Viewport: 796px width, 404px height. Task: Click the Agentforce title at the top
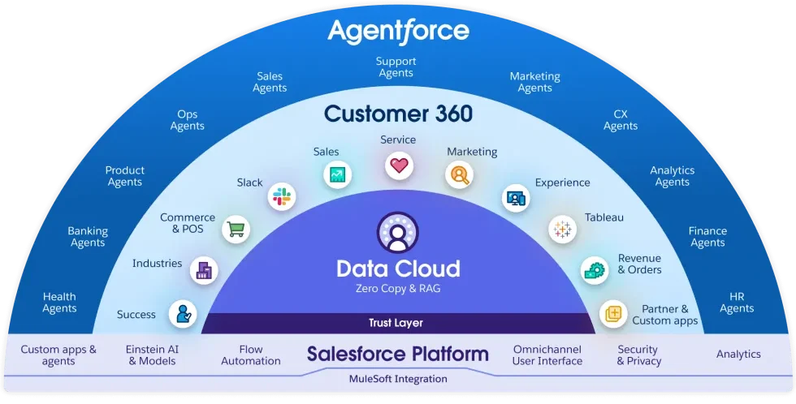point(398,31)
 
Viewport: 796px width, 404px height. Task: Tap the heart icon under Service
point(398,166)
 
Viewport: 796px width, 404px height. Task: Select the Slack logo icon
point(282,196)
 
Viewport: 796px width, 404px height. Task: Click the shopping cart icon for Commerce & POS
point(236,229)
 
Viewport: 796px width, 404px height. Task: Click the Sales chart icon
point(335,174)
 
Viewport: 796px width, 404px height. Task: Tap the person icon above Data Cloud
point(397,233)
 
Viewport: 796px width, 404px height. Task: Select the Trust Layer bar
point(396,323)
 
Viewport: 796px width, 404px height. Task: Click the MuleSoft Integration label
point(398,379)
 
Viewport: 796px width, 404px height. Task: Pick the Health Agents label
point(59,303)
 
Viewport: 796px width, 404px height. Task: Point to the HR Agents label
point(737,303)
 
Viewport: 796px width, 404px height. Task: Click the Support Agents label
point(396,67)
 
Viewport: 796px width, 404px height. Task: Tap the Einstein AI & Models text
point(152,355)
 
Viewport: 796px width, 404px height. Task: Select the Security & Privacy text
point(638,355)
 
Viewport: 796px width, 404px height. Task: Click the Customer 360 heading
point(398,114)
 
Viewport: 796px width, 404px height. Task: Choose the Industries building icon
point(203,270)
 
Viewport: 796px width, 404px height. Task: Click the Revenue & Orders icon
point(594,270)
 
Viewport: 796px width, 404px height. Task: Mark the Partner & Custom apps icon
point(613,313)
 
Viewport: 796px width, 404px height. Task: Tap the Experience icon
point(516,197)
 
